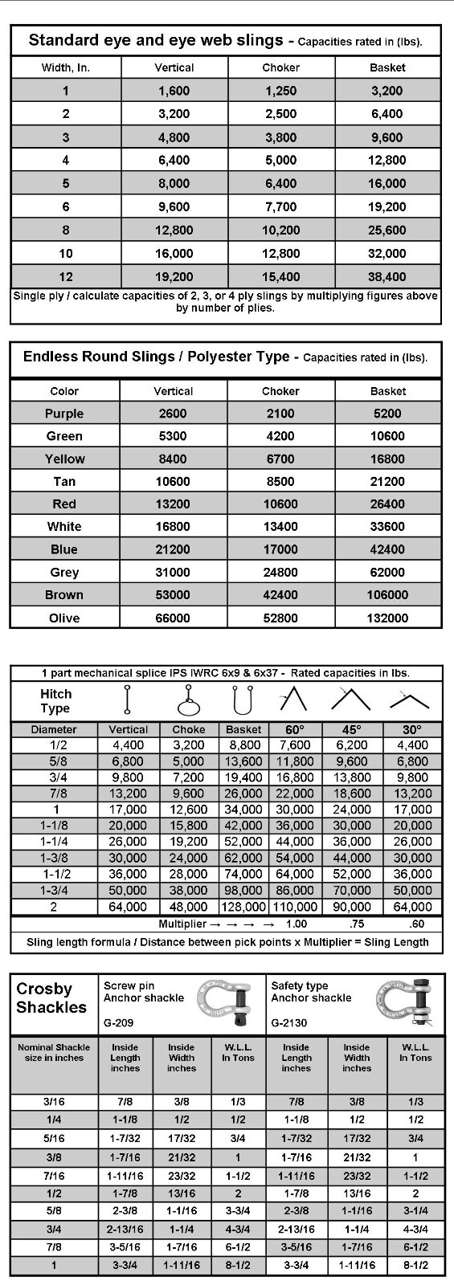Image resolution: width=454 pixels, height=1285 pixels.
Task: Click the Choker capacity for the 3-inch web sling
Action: (x=280, y=137)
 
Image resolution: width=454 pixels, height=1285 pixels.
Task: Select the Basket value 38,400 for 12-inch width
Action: (x=387, y=277)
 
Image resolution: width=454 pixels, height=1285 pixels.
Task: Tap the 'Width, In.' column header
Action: (x=66, y=68)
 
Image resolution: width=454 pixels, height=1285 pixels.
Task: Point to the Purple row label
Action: (x=64, y=414)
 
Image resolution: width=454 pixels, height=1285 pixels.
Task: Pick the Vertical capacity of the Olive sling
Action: (x=173, y=618)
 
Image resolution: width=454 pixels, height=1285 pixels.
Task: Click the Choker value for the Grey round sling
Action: (x=280, y=573)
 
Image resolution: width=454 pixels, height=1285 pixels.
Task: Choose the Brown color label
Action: (x=64, y=595)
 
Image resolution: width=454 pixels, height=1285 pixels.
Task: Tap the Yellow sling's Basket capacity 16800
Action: (x=388, y=459)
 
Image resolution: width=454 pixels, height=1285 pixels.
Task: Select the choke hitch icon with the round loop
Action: (x=187, y=700)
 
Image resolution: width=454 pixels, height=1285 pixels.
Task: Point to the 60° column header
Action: (x=295, y=730)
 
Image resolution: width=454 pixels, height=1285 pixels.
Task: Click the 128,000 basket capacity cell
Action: (x=243, y=907)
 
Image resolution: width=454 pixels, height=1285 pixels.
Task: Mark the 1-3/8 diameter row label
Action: (x=54, y=858)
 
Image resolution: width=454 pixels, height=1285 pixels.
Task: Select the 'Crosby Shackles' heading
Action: (x=51, y=997)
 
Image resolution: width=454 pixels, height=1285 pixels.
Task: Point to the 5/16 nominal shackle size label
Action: (x=54, y=1139)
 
